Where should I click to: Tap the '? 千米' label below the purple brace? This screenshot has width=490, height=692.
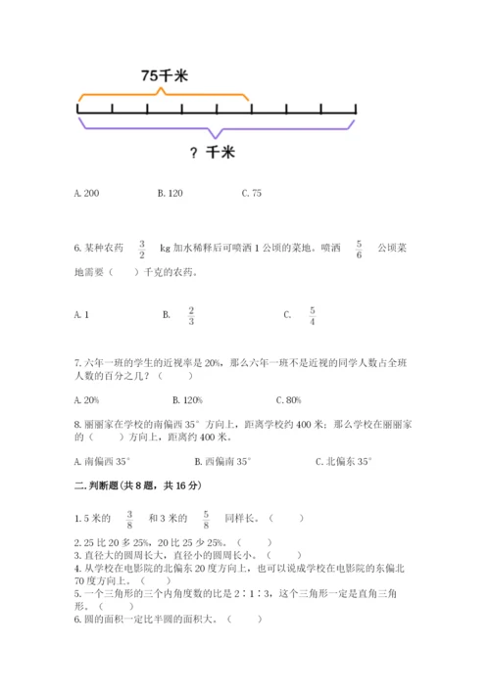click(212, 152)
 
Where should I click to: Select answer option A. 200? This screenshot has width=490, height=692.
click(87, 194)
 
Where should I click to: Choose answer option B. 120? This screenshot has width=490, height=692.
click(170, 194)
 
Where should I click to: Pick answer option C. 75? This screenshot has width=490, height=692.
click(251, 194)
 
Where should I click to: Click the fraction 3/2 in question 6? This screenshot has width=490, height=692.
click(142, 250)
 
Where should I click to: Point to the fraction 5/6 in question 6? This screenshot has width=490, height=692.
click(359, 250)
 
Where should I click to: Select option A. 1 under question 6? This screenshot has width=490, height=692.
click(82, 315)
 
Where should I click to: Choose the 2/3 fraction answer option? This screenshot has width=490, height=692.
click(191, 315)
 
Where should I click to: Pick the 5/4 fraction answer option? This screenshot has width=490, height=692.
click(312, 315)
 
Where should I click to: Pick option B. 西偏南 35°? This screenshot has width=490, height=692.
click(222, 461)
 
